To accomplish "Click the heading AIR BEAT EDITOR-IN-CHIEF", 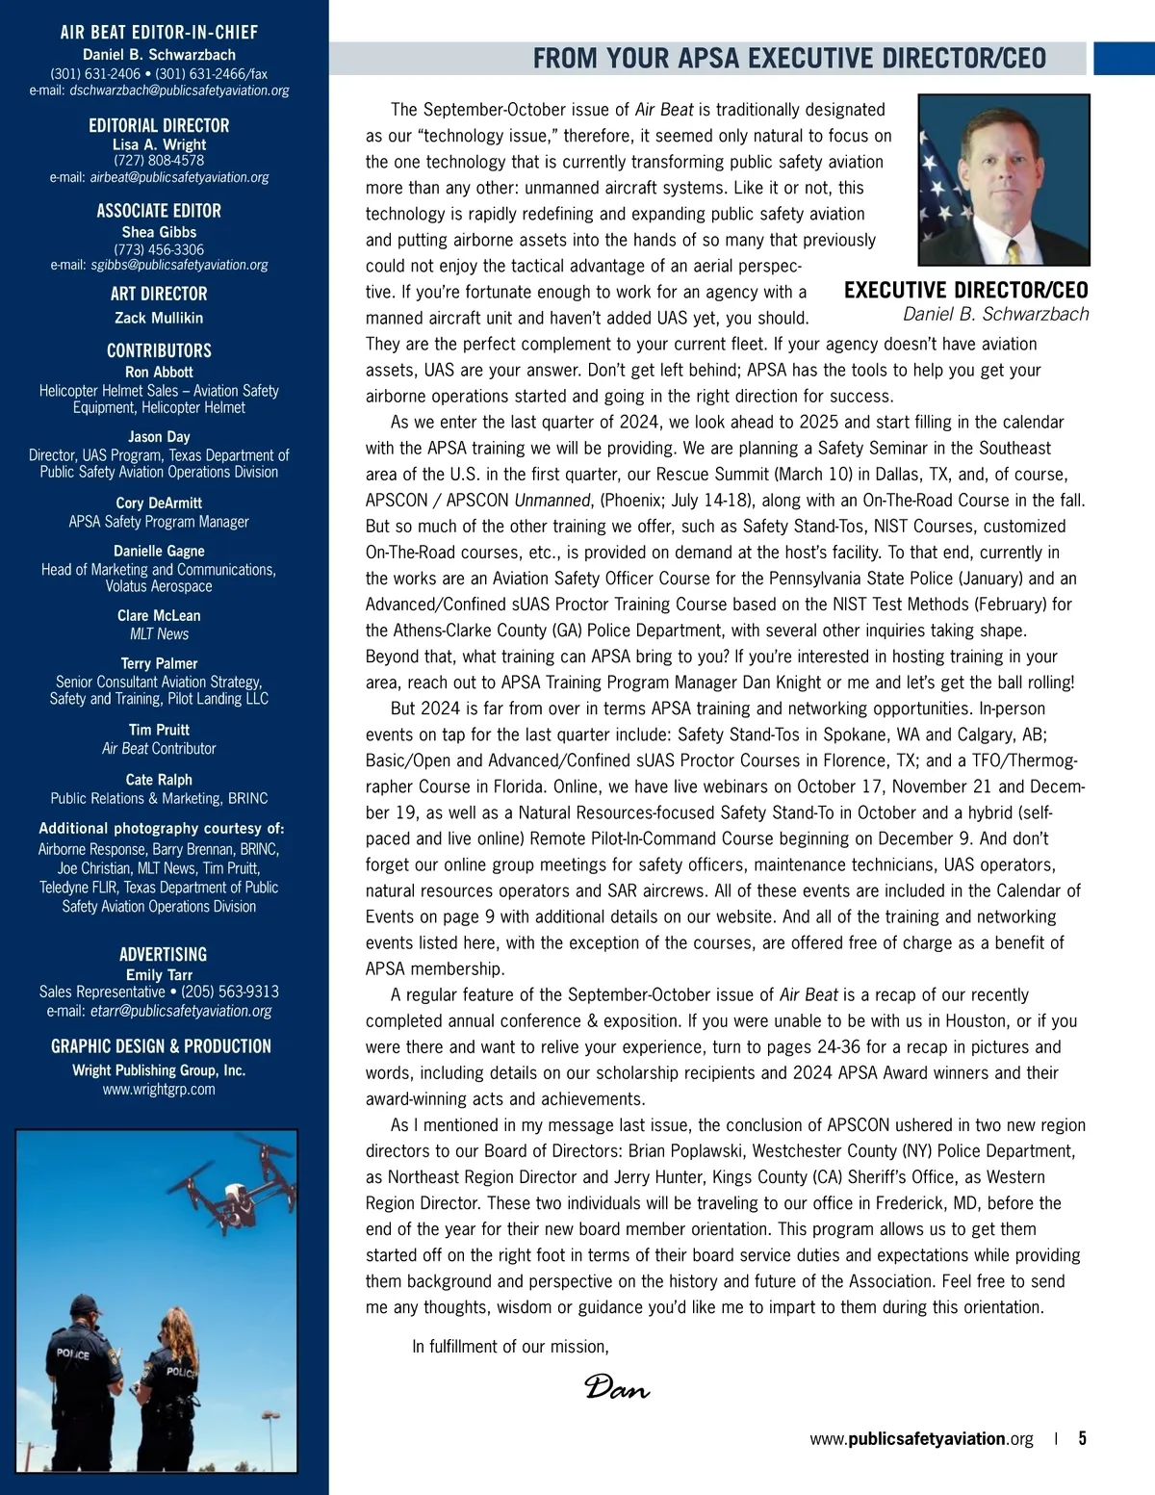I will [159, 33].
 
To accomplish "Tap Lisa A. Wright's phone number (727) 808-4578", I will [159, 160].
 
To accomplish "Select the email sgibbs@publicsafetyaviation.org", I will [179, 265].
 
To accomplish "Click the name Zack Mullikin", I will [159, 318].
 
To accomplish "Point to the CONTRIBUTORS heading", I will [159, 350].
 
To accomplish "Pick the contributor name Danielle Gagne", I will [159, 551].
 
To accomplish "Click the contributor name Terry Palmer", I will [159, 663].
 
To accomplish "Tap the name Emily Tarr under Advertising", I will [159, 974].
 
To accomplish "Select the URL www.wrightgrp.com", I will [159, 1089].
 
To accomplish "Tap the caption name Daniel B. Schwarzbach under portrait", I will [995, 315].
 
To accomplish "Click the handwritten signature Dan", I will [616, 1387].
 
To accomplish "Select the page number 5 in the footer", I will [1082, 1438].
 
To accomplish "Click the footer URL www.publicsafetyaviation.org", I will [921, 1439].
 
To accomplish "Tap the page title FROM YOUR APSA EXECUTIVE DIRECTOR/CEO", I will [789, 59].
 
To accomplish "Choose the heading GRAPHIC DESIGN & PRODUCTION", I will [161, 1046].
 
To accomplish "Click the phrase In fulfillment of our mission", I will [510, 1347].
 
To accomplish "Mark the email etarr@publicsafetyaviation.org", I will [181, 1011].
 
